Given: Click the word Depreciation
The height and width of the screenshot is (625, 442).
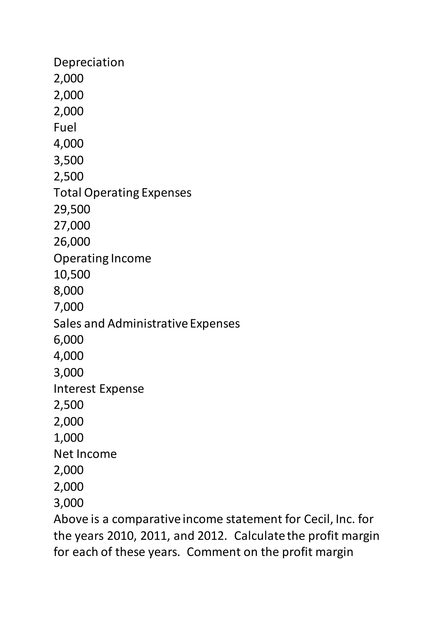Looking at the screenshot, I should coord(89,62).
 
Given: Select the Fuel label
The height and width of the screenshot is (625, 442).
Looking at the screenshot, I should coord(65,127).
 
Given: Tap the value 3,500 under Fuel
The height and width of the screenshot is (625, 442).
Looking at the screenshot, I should coord(69,160).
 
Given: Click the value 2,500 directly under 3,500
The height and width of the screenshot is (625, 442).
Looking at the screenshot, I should coord(69,176).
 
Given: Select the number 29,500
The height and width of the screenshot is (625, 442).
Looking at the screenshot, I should coord(72,209).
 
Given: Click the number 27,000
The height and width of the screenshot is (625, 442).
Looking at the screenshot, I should coord(72,225).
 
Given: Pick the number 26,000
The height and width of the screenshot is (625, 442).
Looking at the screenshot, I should coord(72,242).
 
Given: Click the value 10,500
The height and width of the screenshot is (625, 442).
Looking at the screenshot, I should coord(72,274).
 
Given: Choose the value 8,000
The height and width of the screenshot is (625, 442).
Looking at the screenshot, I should coord(69,291).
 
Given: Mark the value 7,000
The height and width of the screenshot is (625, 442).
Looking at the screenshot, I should coord(69,307).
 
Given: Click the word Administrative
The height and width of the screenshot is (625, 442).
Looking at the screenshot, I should coord(148,323).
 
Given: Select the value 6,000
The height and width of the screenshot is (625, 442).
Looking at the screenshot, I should coord(69,340).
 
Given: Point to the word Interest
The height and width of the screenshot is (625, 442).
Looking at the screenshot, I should coord(75,389).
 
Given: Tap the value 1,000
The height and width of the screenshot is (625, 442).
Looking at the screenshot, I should coord(69,438).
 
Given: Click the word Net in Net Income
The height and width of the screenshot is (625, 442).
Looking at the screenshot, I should coord(64,454).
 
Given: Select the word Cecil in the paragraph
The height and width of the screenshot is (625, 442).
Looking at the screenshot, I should coord(318,519).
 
